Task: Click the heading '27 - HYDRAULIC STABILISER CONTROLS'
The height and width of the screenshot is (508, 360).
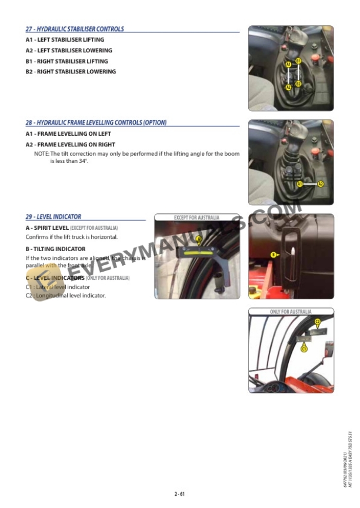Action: point(75,29)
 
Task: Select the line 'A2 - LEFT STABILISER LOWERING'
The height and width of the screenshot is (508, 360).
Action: point(69,51)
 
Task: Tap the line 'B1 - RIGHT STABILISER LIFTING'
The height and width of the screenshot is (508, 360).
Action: point(67,61)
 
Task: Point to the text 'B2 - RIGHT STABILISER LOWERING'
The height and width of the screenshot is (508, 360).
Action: point(71,72)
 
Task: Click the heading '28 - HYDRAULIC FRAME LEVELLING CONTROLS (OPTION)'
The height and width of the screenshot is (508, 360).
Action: point(96,123)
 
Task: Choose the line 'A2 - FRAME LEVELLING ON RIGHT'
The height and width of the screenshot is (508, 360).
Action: point(71,145)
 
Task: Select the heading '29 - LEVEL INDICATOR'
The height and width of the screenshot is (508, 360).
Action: point(54,217)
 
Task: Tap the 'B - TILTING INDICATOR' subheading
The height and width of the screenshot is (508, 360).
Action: point(55,249)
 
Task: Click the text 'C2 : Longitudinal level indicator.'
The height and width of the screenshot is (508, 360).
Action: point(66,296)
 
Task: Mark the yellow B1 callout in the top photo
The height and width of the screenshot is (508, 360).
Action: point(298,61)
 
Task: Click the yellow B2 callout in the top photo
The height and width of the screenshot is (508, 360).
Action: point(298,84)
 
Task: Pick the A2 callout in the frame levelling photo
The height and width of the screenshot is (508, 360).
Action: point(321,184)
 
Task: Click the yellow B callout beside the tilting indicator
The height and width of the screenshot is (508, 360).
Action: point(273,255)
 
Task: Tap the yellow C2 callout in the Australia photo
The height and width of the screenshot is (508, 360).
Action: point(318,322)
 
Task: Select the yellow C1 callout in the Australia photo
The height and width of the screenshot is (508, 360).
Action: point(304,349)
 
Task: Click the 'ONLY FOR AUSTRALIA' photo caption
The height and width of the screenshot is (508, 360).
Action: point(291,312)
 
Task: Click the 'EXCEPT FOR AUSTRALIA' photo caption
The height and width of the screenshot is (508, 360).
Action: point(196,218)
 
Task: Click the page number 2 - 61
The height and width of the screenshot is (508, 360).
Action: point(179,494)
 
